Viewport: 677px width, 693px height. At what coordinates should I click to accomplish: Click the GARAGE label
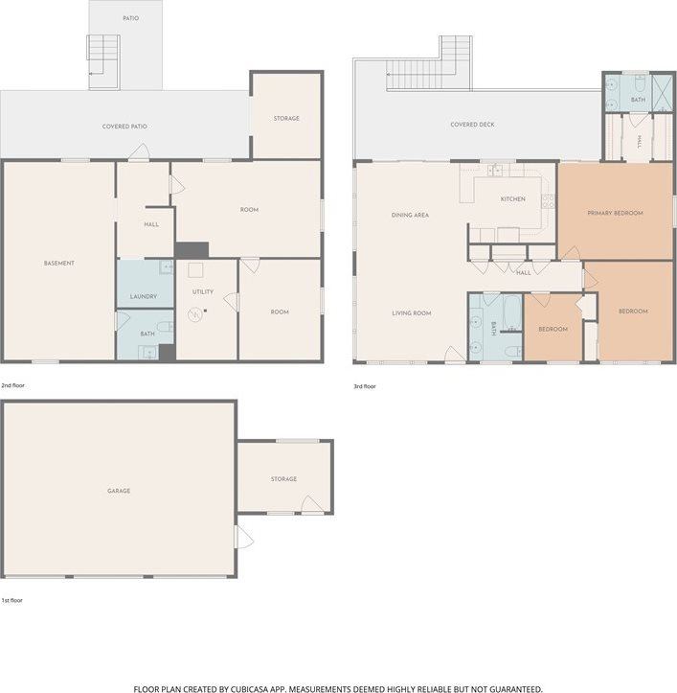pos(119,491)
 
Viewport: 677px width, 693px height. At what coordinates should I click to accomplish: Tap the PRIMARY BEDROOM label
pos(615,213)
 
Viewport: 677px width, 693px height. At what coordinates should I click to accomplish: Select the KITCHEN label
pos(512,198)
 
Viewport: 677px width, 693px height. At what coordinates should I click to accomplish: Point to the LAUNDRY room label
pos(144,296)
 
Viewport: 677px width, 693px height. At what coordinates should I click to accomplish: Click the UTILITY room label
pos(203,291)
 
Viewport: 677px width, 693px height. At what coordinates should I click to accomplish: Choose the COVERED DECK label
pos(472,125)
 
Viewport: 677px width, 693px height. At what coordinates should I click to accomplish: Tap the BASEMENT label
pos(59,264)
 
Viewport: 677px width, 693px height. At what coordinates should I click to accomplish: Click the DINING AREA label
pos(410,216)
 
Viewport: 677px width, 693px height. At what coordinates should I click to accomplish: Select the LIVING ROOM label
pos(412,312)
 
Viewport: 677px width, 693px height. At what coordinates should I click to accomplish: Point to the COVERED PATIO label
pos(124,127)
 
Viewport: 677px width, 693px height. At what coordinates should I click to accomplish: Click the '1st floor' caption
pos(11,600)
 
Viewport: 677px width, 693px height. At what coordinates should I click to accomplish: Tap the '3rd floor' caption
pos(364,386)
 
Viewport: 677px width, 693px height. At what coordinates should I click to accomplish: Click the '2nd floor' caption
pos(12,385)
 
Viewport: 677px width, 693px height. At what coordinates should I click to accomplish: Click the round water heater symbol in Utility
pos(194,314)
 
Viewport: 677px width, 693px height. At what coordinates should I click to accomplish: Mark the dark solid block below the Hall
pos(192,250)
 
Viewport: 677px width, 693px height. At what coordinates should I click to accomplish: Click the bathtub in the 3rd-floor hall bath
pos(512,312)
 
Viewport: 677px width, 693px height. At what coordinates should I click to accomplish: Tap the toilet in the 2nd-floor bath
pos(165,327)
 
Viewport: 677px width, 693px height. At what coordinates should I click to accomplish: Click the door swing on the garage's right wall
pos(245,537)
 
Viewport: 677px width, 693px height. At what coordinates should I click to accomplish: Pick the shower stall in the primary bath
pos(662,93)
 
